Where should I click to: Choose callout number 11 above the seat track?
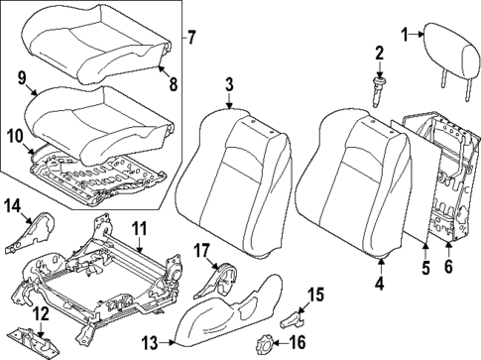coord(139,229)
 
